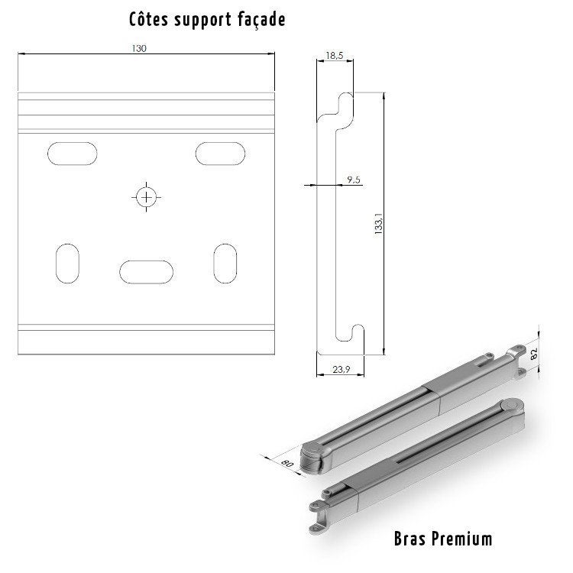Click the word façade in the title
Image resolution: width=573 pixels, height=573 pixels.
(260, 20)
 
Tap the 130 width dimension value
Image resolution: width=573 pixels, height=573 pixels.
(138, 48)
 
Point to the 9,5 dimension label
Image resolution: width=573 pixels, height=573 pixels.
(353, 179)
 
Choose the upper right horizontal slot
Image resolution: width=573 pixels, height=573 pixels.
(220, 153)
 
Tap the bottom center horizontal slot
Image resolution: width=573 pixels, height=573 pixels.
(146, 271)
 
